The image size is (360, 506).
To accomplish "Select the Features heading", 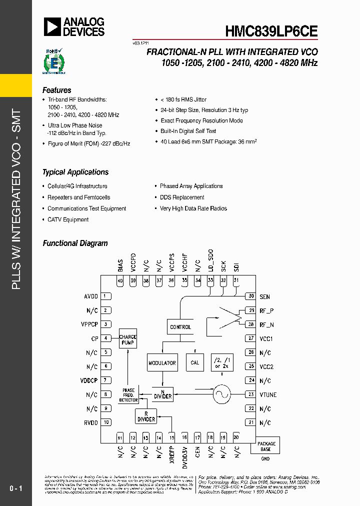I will pyautogui.click(x=56, y=90).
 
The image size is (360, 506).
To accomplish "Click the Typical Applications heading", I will pyautogui.click(x=75, y=172).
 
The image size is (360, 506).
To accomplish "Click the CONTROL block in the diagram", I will pyautogui.click(x=180, y=327).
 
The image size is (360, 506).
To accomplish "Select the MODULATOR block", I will pyautogui.click(x=162, y=363).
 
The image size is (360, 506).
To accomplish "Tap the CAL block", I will pyautogui.click(x=195, y=362).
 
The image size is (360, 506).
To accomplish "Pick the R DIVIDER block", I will pyautogui.click(x=146, y=416).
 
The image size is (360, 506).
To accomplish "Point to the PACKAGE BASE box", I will pyautogui.click(x=266, y=446).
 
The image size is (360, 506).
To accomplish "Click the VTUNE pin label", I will pyautogui.click(x=268, y=394).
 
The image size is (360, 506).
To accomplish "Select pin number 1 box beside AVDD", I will pyautogui.click(x=106, y=296).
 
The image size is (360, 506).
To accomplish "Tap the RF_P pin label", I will pyautogui.click(x=266, y=310).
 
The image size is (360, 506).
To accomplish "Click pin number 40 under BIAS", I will pyautogui.click(x=120, y=281).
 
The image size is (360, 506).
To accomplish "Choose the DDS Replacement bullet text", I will pyautogui.click(x=182, y=197).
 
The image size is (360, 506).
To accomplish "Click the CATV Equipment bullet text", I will pyautogui.click(x=68, y=219).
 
